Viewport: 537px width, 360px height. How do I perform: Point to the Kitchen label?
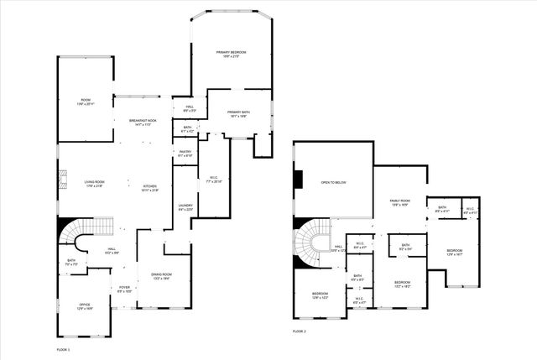click(x=149, y=188)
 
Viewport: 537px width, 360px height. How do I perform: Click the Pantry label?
click(x=185, y=154)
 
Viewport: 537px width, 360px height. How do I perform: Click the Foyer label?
click(x=124, y=290)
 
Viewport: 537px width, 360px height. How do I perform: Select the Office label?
click(x=84, y=306)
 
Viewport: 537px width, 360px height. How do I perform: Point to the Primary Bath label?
click(x=238, y=114)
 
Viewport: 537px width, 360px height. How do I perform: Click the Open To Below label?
click(x=333, y=182)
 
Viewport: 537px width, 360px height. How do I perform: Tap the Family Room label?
click(x=399, y=202)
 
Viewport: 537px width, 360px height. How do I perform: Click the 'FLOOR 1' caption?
click(x=63, y=348)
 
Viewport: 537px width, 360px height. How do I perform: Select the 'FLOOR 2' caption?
click(x=300, y=332)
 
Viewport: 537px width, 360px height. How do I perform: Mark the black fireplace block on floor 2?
click(x=298, y=181)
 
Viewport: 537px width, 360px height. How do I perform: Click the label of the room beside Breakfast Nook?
click(x=86, y=102)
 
